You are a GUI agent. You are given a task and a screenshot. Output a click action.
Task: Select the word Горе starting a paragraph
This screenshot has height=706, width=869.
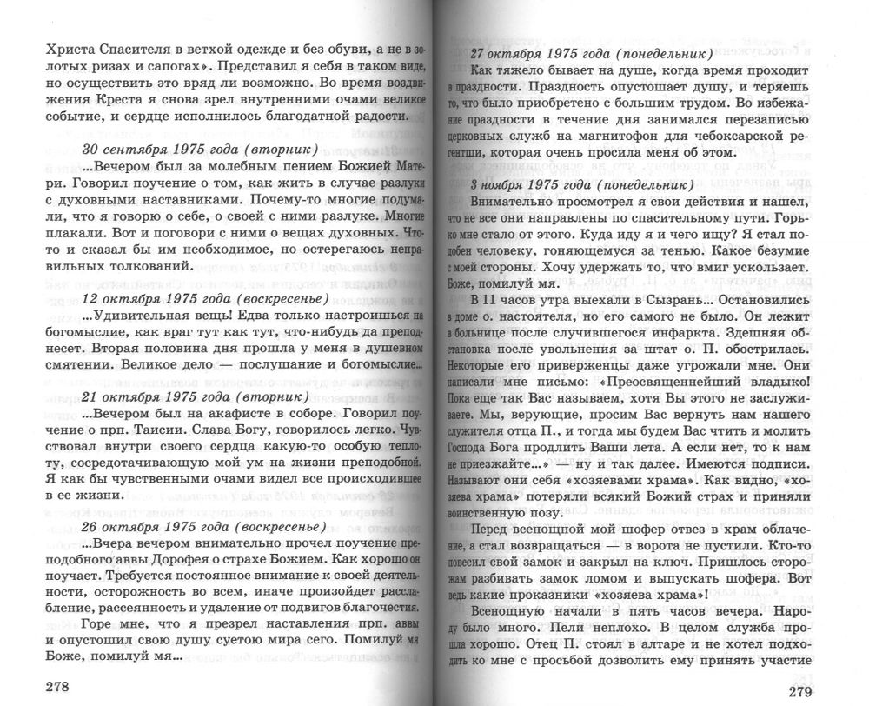pos(99,625)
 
